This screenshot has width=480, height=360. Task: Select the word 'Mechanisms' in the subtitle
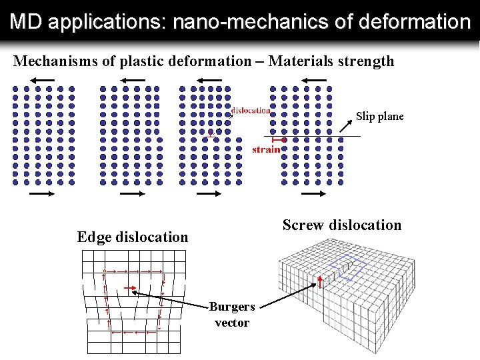pos(51,62)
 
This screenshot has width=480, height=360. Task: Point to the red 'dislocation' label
pos(251,111)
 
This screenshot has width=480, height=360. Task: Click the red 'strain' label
pos(266,150)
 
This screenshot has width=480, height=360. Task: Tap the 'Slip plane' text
pos(379,117)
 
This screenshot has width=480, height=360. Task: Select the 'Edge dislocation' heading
pos(133,237)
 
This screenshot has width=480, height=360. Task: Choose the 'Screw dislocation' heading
pos(342,225)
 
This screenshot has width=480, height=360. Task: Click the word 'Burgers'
pos(231,307)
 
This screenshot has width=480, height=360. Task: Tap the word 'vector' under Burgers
pos(231,323)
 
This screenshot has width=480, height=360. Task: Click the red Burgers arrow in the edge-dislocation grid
pos(131,290)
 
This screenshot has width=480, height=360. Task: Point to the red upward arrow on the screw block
pos(321,280)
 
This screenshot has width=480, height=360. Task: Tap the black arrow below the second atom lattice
pos(132,193)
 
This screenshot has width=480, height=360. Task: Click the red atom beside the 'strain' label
pos(284,140)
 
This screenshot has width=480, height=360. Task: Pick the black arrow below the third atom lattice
pos(208,193)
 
